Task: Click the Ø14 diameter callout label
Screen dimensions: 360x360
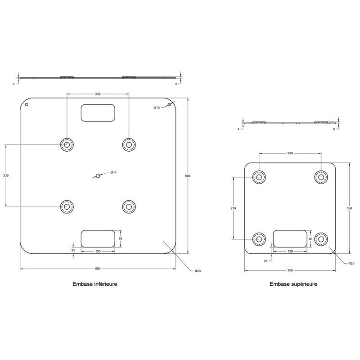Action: click(113, 172)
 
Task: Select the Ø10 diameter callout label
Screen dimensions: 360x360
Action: click(157, 108)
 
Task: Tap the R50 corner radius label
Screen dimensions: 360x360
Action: click(198, 271)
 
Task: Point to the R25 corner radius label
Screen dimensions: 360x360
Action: click(351, 263)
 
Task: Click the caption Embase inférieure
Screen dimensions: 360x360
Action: click(95, 284)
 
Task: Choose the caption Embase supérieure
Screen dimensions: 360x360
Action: click(293, 284)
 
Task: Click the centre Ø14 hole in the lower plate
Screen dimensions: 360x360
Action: click(98, 175)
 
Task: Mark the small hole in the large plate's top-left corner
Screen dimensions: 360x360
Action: click(27, 104)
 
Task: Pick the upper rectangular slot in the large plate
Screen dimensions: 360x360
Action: click(98, 113)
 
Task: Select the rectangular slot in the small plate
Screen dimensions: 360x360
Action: click(290, 239)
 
